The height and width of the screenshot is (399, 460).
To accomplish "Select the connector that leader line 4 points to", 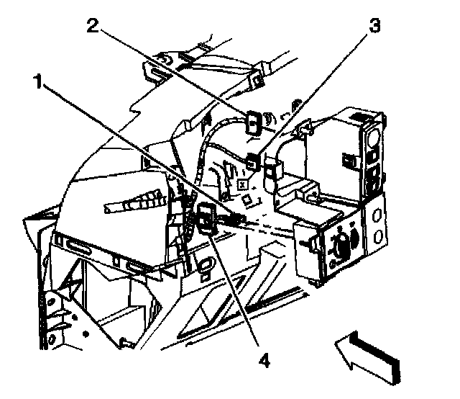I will point(206,218).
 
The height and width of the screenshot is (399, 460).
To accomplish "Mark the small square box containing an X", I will point(243,184).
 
